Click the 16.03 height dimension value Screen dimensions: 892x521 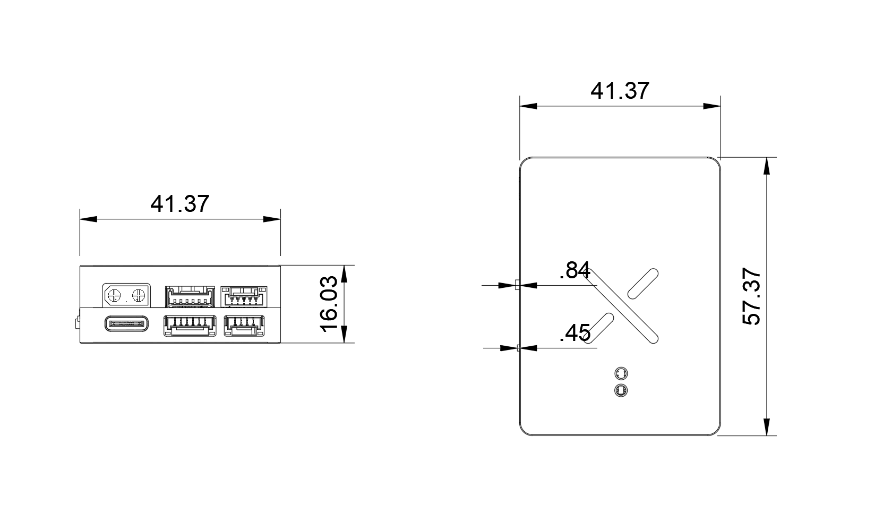pyautogui.click(x=329, y=304)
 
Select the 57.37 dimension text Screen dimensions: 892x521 pyautogui.click(x=751, y=296)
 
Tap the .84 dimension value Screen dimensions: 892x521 pyautogui.click(x=575, y=270)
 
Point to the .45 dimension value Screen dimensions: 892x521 pyautogui.click(x=575, y=333)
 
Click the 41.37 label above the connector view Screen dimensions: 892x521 pyautogui.click(x=179, y=204)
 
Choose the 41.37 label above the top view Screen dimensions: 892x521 pyautogui.click(x=620, y=91)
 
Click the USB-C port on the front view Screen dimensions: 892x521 pyautogui.click(x=126, y=323)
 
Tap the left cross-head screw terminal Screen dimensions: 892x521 pyautogui.click(x=114, y=295)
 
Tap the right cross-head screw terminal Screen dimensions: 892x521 pyautogui.click(x=139, y=295)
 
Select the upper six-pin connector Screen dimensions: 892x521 pyautogui.click(x=190, y=297)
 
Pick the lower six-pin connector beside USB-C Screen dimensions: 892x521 pyautogui.click(x=190, y=326)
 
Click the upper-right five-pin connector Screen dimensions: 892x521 pyautogui.click(x=244, y=297)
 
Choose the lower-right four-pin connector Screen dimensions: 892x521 pyautogui.click(x=244, y=326)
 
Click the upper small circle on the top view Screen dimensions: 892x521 pyautogui.click(x=621, y=374)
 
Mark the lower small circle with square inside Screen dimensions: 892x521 pyautogui.click(x=621, y=391)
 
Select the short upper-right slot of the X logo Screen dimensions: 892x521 pyautogui.click(x=642, y=284)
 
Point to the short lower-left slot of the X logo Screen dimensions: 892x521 pyautogui.click(x=598, y=328)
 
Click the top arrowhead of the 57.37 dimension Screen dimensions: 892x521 pyautogui.click(x=767, y=166)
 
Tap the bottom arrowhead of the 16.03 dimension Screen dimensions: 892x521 pyautogui.click(x=345, y=334)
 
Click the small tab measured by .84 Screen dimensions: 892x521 pyautogui.click(x=517, y=285)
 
